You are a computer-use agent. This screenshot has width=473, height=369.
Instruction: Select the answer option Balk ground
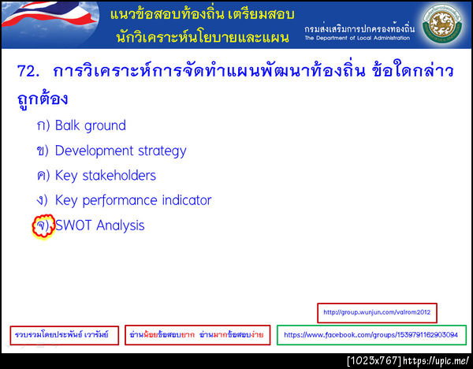point(90,125)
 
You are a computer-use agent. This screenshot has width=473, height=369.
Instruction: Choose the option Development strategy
point(121,151)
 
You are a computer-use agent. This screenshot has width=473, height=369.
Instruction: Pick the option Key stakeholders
point(106,175)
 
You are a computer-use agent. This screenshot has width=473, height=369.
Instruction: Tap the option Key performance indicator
point(133,200)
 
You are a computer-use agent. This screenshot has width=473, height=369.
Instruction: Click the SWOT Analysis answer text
point(100,225)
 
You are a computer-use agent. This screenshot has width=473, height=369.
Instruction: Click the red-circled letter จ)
point(42,225)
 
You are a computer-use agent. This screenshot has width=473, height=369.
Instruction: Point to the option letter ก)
point(43,125)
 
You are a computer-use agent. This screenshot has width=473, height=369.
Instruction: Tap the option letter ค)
point(43,175)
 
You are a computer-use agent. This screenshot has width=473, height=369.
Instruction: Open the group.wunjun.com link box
point(377,313)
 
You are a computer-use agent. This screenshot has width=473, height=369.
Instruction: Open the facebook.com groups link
point(371,335)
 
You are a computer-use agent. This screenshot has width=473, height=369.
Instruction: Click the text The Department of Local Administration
point(357,38)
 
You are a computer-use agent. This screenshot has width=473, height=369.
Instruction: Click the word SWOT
point(73,225)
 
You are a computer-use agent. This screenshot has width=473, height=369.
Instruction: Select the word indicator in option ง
point(184,200)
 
